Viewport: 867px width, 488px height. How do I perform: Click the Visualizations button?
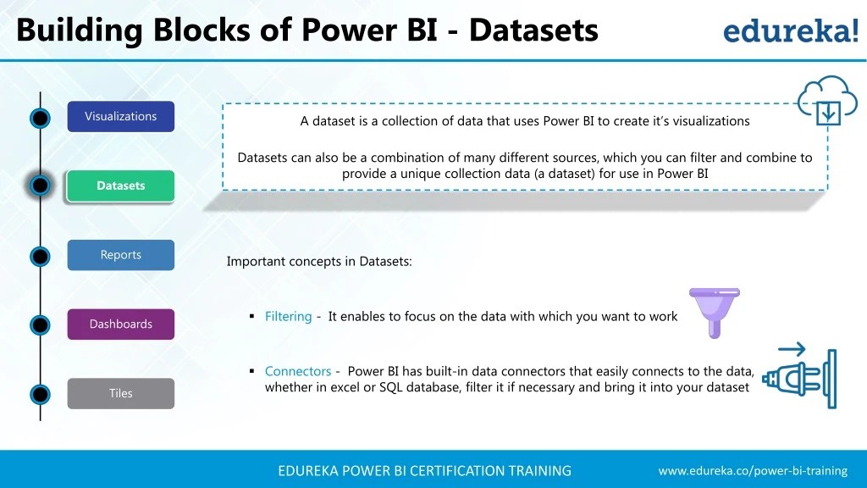(x=120, y=116)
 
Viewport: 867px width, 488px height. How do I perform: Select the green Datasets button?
(x=120, y=186)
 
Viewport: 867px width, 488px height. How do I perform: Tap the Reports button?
(x=120, y=255)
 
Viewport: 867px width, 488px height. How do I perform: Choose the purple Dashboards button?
(x=120, y=324)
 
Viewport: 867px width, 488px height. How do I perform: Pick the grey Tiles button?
(x=120, y=393)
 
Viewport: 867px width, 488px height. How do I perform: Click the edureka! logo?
(x=789, y=31)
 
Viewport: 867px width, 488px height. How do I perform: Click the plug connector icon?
(x=799, y=377)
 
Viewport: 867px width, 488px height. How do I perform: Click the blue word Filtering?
(x=288, y=317)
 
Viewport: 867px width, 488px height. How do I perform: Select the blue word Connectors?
(x=297, y=371)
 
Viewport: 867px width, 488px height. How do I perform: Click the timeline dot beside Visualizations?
(x=40, y=118)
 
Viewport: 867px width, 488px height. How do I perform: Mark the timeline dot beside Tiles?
(x=40, y=394)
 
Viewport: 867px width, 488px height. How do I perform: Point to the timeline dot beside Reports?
(x=40, y=256)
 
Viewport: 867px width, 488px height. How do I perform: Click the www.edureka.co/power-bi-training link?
(x=753, y=470)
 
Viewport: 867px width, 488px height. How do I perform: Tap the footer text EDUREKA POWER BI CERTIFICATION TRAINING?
(x=424, y=470)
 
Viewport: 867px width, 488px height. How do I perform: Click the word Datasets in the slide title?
(x=533, y=30)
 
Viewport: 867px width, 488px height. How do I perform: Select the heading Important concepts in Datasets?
(x=319, y=262)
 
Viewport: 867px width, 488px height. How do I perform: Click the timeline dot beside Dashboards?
(x=40, y=324)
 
